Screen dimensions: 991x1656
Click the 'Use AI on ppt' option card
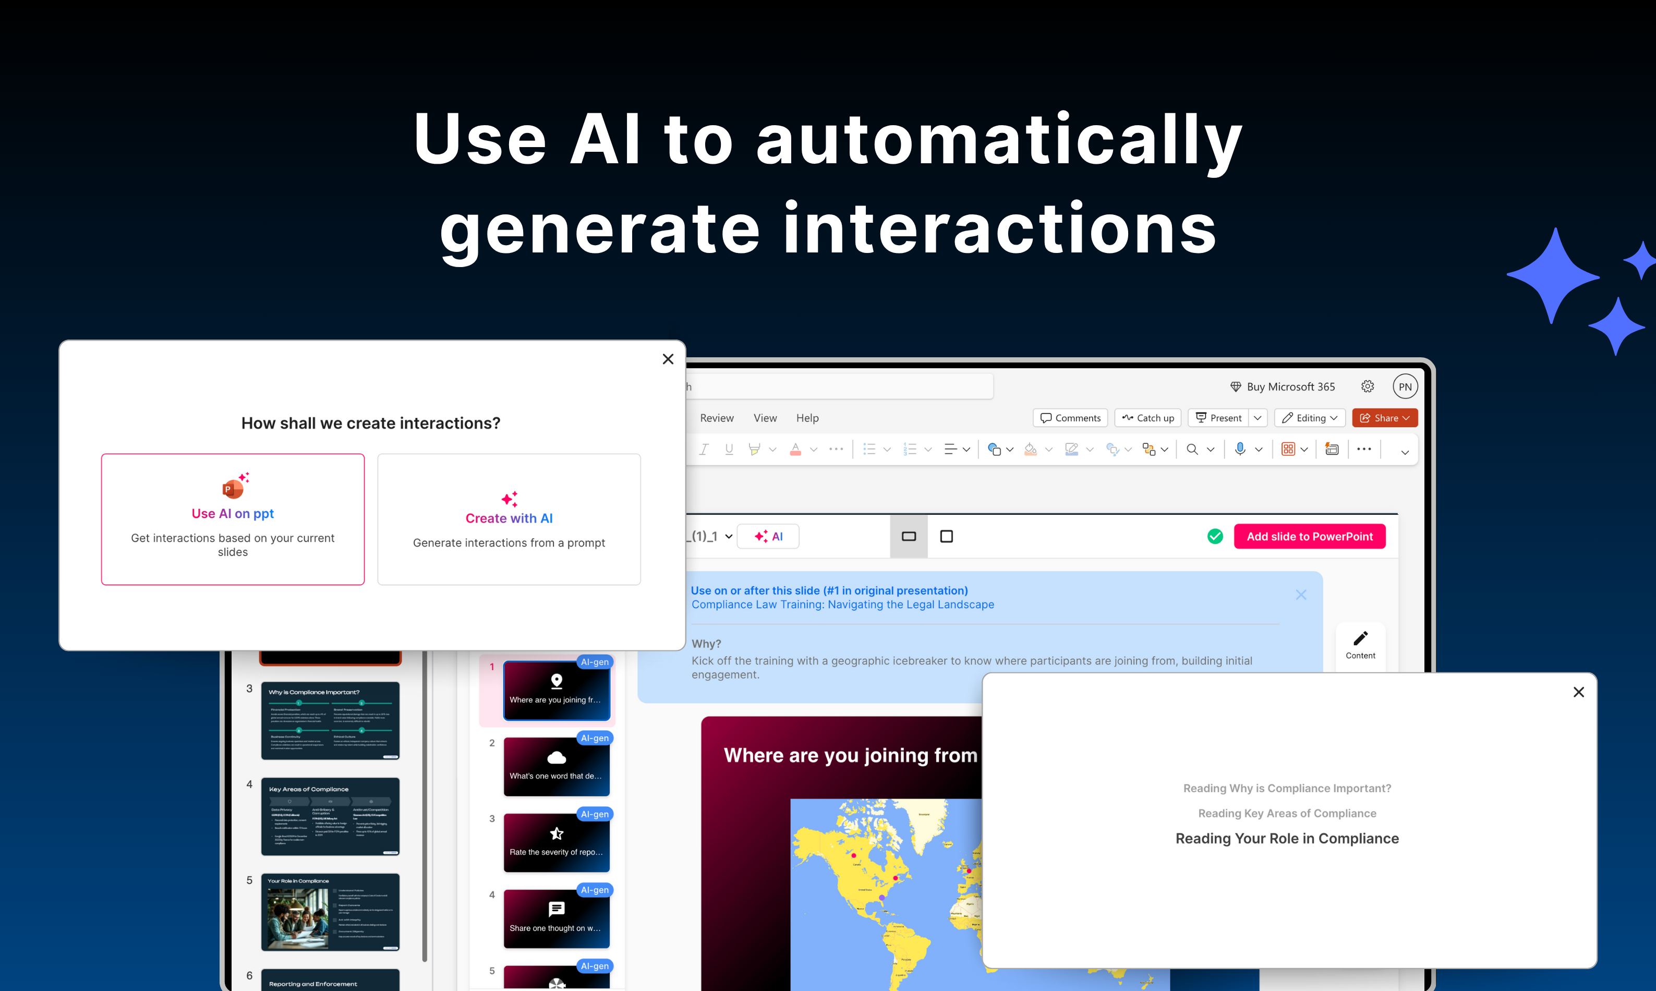click(233, 519)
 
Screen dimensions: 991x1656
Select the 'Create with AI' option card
click(509, 519)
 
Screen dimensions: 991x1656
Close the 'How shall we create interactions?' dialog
click(668, 359)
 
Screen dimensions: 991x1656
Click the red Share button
click(1384, 418)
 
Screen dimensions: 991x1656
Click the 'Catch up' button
click(1148, 418)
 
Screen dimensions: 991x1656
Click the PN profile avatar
click(1405, 386)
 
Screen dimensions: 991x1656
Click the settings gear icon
click(1368, 386)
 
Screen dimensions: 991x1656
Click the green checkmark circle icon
click(1215, 536)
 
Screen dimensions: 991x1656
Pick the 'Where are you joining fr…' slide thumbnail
click(556, 691)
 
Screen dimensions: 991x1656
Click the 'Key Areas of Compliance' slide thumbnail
click(330, 816)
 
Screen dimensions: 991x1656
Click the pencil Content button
click(1360, 645)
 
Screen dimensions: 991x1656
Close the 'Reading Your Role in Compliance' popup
click(1578, 692)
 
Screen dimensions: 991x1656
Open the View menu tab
click(765, 418)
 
